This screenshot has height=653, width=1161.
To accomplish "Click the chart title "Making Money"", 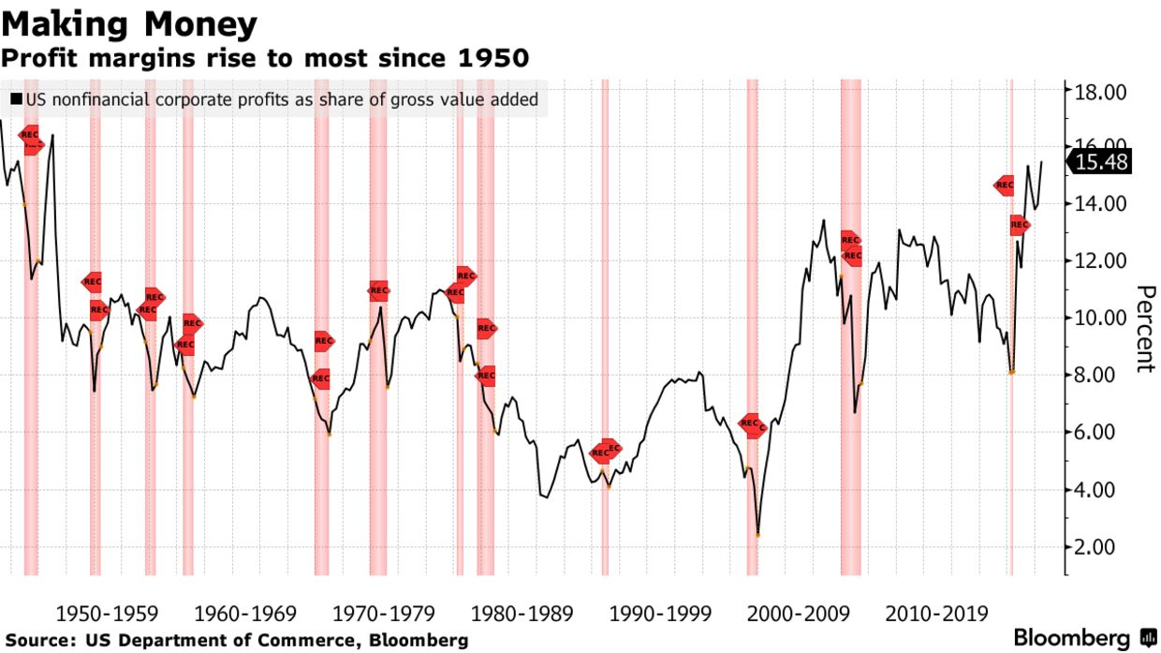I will coord(129,22).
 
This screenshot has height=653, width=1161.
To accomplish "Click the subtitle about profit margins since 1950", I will coord(265,58).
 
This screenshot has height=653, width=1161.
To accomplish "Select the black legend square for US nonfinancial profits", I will coord(16,99).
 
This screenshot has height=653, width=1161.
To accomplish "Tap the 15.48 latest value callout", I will coord(1101,163).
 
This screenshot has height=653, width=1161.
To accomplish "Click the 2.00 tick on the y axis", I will coord(1101,547).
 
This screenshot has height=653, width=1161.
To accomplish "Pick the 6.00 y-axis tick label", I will coord(1101,433).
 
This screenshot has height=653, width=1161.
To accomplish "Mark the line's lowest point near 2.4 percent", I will coord(757,535).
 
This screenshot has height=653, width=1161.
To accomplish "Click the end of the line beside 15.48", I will coord(1041,163).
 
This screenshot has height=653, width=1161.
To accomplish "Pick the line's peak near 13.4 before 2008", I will coord(823,221).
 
